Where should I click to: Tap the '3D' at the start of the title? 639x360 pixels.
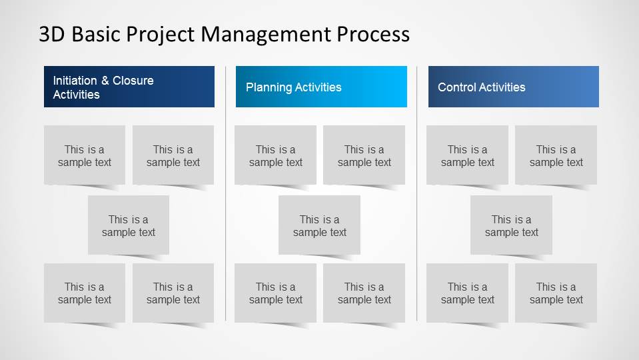pyautogui.click(x=51, y=34)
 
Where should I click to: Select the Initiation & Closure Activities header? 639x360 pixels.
pyautogui.click(x=129, y=87)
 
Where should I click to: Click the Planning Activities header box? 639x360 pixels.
pyautogui.click(x=321, y=87)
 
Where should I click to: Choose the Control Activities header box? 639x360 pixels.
pyautogui.click(x=513, y=87)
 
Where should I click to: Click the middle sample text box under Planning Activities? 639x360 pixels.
pyautogui.click(x=319, y=225)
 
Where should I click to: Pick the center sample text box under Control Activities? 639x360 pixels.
pyautogui.click(x=511, y=225)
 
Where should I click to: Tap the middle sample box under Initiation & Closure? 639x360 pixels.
pyautogui.click(x=129, y=225)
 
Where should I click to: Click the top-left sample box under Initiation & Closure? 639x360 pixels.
pyautogui.click(x=85, y=155)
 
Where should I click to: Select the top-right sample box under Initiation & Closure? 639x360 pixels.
pyautogui.click(x=173, y=155)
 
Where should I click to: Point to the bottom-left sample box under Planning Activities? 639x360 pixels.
pyautogui.click(x=275, y=293)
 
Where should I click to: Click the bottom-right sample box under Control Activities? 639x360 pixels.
pyautogui.click(x=556, y=293)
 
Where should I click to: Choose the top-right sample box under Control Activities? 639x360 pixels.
pyautogui.click(x=556, y=155)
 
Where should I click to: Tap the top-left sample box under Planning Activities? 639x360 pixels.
pyautogui.click(x=275, y=155)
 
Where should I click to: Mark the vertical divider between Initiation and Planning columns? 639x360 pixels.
pyautogui.click(x=226, y=193)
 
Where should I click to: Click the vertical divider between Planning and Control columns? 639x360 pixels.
pyautogui.click(x=417, y=193)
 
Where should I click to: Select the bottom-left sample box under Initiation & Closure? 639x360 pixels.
pyautogui.click(x=85, y=293)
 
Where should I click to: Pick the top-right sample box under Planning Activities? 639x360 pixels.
pyautogui.click(x=364, y=155)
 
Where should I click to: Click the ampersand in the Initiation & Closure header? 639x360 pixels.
pyautogui.click(x=105, y=81)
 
